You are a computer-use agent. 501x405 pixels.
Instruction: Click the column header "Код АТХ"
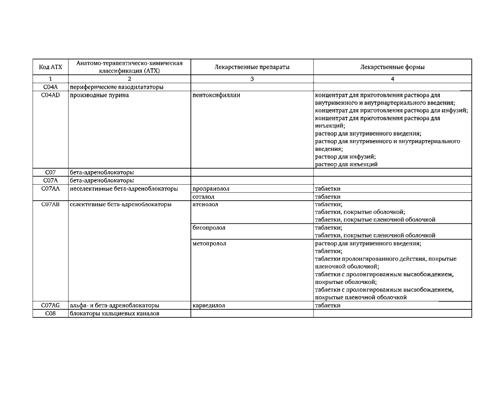[x=50, y=67]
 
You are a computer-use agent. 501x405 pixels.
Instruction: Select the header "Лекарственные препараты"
[x=252, y=67]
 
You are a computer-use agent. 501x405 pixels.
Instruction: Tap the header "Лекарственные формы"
[x=392, y=67]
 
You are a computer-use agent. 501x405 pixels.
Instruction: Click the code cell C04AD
[x=50, y=95]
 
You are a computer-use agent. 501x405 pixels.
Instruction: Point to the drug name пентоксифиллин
[x=216, y=95]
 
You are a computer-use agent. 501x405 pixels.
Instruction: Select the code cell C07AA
[x=50, y=189]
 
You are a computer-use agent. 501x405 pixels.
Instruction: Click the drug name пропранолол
[x=211, y=189]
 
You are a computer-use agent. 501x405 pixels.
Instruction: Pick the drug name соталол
[x=204, y=197]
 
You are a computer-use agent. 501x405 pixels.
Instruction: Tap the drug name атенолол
[x=205, y=204]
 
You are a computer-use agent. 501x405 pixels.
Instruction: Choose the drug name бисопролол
[x=209, y=228]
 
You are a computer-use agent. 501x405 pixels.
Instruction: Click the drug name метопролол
[x=209, y=243]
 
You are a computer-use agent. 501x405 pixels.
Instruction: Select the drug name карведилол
[x=209, y=305]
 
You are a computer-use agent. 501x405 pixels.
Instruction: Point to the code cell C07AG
[x=50, y=305]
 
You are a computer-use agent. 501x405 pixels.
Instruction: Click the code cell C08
[x=50, y=313]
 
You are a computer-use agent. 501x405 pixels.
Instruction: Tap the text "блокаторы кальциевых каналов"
[x=115, y=313]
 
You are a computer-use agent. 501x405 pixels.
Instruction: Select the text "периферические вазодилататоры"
[x=117, y=87]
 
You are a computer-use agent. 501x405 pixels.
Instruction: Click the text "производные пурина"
[x=99, y=95]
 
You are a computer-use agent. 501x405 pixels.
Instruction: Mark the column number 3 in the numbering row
[x=252, y=79]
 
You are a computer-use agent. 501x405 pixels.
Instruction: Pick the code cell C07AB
[x=50, y=204]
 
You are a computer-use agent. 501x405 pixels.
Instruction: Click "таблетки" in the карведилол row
[x=328, y=305]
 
